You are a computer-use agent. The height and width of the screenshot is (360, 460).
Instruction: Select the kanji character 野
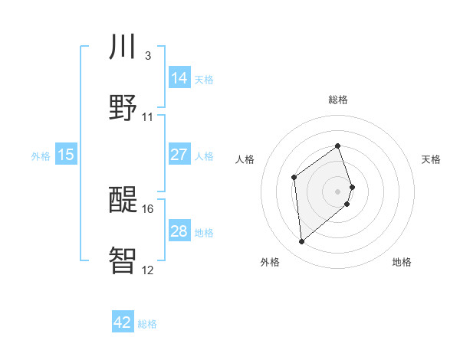pos(123,106)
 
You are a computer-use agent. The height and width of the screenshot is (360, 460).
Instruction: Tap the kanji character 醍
pos(123,198)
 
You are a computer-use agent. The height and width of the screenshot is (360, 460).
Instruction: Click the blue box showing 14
pos(179,77)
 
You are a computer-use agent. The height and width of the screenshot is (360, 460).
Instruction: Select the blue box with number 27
pos(179,155)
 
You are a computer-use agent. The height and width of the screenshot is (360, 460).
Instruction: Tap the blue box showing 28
pos(179,231)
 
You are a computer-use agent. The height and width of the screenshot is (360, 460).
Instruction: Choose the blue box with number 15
pos(66,155)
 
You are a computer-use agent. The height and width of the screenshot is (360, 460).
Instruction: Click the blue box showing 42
pos(123,322)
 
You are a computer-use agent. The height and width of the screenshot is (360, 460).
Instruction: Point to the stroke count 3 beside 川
pos(147,56)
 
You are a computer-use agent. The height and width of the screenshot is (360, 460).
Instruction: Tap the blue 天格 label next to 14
pos(204,79)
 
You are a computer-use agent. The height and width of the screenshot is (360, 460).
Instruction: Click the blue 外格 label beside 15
pos(41,156)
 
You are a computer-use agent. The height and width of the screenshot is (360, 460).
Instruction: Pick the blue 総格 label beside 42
pos(147,324)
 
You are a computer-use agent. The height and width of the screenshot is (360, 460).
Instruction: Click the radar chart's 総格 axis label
pos(338,100)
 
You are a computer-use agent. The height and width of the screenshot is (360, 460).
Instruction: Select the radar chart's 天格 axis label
pos(432,159)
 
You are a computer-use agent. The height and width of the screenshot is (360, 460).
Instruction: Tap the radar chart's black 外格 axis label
pos(270,262)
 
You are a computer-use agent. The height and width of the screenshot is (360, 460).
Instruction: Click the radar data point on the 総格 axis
pos(338,146)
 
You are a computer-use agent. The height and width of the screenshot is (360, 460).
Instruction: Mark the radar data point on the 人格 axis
pos(294,178)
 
